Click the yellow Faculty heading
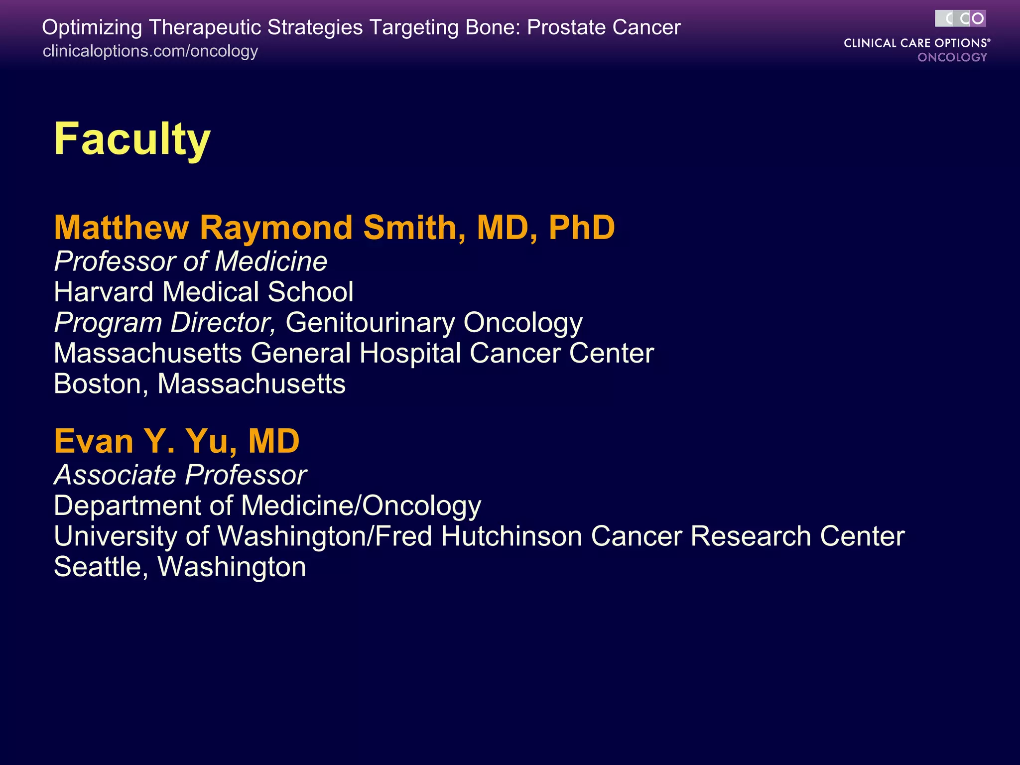pyautogui.click(x=132, y=139)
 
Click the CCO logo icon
pyautogui.click(x=960, y=19)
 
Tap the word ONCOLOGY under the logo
pyautogui.click(x=952, y=57)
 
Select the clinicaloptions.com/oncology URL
pyautogui.click(x=150, y=51)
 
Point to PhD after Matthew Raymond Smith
pyautogui.click(x=581, y=228)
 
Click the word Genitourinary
pyautogui.click(x=370, y=323)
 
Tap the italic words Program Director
pyautogui.click(x=164, y=323)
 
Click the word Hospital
pyautogui.click(x=410, y=354)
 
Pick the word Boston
pyautogui.click(x=98, y=384)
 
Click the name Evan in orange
pyautogui.click(x=94, y=441)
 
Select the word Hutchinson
pyautogui.click(x=511, y=536)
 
